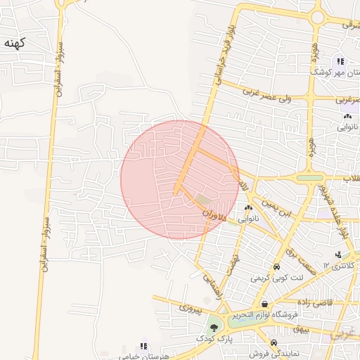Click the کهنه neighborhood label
coord(15,44)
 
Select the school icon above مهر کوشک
coord(340,62)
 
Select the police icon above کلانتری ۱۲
coord(338,255)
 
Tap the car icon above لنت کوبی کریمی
coord(276,267)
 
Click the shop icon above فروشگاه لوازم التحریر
coord(264,304)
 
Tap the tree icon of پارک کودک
coord(212,328)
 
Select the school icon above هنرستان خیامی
coord(143,346)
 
